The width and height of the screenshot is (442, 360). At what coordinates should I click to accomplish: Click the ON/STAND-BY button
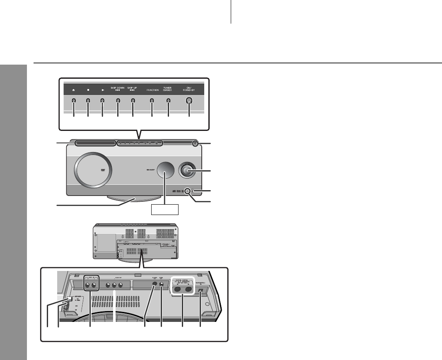[x=189, y=100]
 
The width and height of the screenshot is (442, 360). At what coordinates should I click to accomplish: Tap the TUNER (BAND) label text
[x=168, y=89]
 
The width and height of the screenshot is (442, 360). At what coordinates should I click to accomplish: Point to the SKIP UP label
[x=133, y=89]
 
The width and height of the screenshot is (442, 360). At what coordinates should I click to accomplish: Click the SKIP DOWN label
[x=118, y=89]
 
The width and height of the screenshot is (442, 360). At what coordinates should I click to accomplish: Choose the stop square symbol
[x=88, y=89]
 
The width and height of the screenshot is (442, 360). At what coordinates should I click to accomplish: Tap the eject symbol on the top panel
[x=73, y=89]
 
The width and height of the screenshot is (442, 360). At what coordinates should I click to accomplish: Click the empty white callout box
[x=165, y=210]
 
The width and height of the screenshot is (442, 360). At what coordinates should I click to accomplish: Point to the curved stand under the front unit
[x=133, y=200]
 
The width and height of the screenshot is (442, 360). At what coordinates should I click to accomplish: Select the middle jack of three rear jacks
[x=114, y=285]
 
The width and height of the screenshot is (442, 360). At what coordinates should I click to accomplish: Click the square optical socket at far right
[x=201, y=290]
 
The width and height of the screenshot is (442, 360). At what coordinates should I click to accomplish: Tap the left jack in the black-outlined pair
[x=88, y=285]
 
